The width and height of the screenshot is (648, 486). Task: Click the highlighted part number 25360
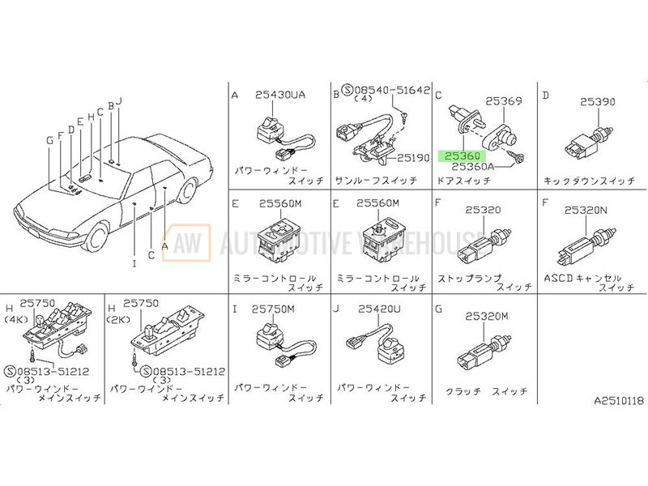[463, 156]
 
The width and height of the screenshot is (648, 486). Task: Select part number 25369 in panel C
[503, 100]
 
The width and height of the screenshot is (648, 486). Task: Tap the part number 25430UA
[279, 95]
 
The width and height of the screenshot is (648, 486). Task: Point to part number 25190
[413, 157]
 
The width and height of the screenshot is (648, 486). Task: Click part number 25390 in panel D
[598, 102]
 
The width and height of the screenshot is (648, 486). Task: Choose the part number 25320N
[586, 211]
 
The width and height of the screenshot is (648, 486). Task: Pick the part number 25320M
[487, 317]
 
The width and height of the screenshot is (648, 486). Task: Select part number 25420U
[379, 309]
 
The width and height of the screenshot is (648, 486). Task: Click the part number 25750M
[273, 309]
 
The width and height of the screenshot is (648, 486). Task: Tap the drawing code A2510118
[619, 400]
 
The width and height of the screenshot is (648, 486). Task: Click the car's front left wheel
[97, 237]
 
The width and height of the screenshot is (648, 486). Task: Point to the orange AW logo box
[186, 242]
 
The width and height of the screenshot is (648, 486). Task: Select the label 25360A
[473, 167]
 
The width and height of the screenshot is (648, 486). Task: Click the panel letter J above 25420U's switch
[336, 309]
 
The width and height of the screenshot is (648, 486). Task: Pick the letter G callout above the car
[50, 140]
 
